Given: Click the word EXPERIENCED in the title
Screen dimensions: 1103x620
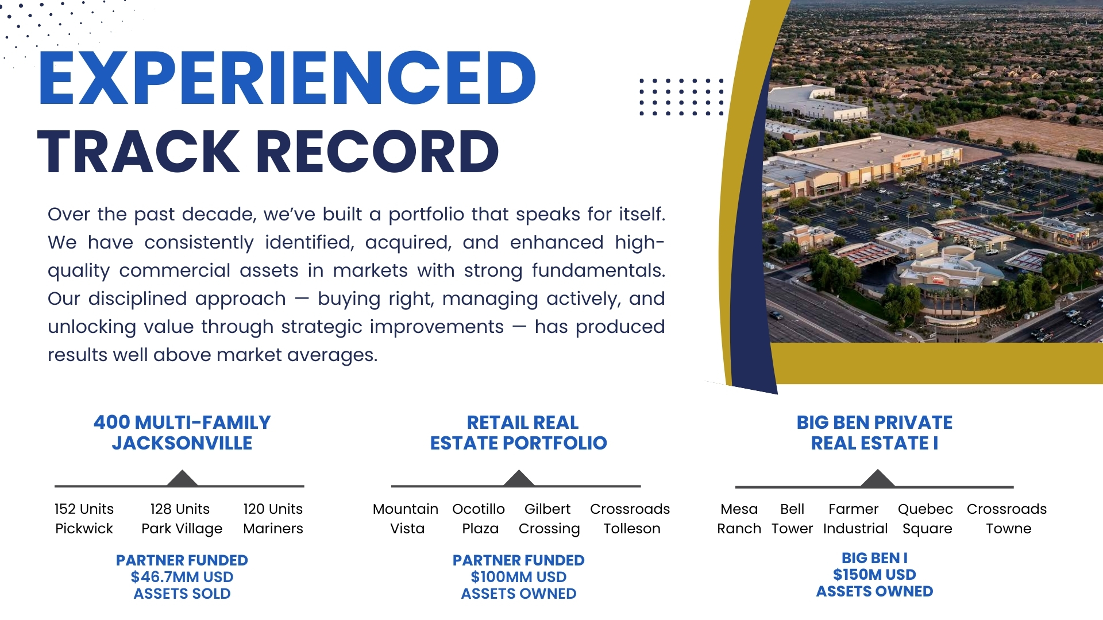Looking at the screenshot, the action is [x=287, y=78].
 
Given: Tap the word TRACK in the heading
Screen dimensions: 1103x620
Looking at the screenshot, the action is [x=138, y=152].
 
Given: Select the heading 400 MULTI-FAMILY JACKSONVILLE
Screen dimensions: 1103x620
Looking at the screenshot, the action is [x=182, y=433].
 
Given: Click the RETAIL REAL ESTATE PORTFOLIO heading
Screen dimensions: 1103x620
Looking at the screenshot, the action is [x=519, y=433].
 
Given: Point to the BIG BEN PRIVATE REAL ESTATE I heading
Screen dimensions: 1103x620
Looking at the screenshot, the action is [x=874, y=433].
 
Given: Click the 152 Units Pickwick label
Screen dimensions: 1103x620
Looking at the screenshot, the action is [x=84, y=519].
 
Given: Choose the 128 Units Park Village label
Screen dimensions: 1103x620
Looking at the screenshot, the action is [x=182, y=519].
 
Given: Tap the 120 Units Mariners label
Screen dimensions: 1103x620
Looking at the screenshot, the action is [x=273, y=519].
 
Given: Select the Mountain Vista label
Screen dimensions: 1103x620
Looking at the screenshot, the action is [x=406, y=519].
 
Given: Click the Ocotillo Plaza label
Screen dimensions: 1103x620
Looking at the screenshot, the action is [x=479, y=519].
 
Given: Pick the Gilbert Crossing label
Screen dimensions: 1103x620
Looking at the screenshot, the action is [x=549, y=519].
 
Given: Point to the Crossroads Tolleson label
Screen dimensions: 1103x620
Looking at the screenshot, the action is [x=630, y=519].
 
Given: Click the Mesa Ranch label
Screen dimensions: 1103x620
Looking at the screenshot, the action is [x=739, y=519].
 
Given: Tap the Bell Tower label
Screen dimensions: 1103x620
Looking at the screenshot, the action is [x=792, y=519].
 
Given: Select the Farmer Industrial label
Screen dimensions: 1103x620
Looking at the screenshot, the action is [x=855, y=519].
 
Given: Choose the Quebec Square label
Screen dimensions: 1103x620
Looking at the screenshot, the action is [x=925, y=519].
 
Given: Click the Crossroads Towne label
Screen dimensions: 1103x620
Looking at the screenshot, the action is [x=1007, y=519].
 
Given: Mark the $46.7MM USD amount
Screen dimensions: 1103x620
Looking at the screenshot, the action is [x=182, y=577].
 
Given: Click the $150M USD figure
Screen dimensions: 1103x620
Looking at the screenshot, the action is [x=874, y=575].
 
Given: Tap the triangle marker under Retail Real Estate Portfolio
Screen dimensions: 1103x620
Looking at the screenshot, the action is [x=519, y=479].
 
